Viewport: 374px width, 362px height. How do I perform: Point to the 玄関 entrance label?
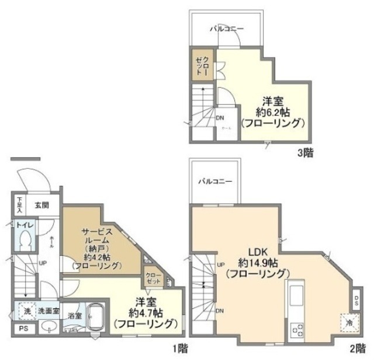(41, 205)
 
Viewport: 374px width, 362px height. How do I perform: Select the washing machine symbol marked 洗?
(26, 311)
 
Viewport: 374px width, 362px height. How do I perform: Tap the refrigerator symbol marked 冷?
(347, 321)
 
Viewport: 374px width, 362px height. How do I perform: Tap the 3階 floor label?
(304, 154)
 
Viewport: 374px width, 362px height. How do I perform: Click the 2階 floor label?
(357, 349)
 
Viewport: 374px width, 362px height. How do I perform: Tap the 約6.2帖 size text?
(272, 112)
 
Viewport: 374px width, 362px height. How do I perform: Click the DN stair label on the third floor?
(220, 118)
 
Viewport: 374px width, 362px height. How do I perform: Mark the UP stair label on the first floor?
(43, 263)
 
